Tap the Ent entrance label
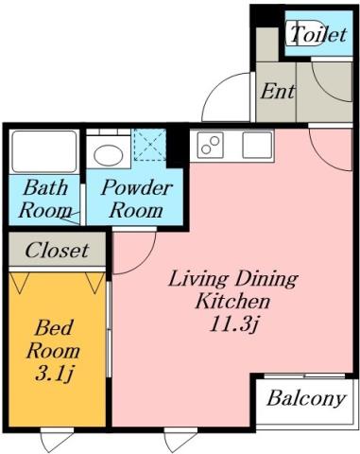click(276, 93)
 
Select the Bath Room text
click(44, 198)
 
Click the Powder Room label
click(136, 198)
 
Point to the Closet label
click(57, 251)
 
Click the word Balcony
click(304, 397)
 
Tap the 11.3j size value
click(232, 326)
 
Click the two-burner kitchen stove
click(208, 146)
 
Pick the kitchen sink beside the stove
click(256, 145)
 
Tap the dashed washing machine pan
click(148, 147)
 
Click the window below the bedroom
click(56, 438)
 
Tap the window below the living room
click(180, 438)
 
